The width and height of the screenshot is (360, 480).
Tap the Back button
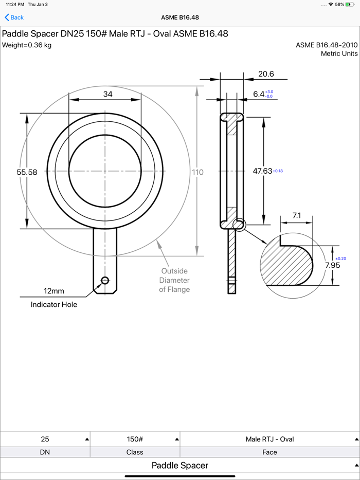14,17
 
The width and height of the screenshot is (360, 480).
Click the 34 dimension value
108,94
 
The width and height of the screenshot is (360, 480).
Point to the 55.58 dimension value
27,173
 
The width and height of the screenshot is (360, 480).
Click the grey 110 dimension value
197,172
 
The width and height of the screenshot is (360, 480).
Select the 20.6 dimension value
266,74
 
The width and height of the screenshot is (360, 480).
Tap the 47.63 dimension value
262,171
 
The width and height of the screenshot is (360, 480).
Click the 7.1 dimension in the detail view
296,216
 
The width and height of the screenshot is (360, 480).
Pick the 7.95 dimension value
332,265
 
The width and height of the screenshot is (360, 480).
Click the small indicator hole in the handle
105,280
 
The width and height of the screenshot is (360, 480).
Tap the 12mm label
54,291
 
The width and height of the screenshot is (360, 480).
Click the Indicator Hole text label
54,305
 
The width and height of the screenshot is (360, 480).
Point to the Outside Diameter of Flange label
174,280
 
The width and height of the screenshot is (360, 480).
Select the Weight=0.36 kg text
27,45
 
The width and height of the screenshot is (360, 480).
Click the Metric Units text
339,53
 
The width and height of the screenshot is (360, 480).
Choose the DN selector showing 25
45,439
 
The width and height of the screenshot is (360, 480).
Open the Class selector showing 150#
135,439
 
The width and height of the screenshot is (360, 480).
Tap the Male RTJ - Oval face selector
269,439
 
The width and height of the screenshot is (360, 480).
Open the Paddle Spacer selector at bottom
180,466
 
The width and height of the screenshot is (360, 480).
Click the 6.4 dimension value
258,94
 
